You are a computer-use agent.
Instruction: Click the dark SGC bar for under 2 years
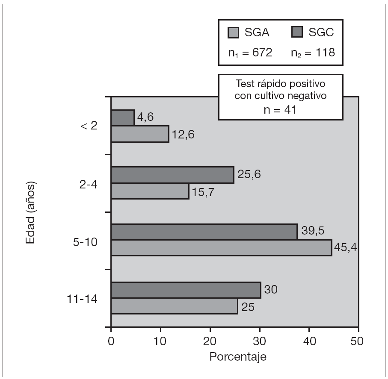[123, 118]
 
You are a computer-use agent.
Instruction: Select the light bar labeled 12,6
[140, 134]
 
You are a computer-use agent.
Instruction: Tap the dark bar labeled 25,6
[172, 175]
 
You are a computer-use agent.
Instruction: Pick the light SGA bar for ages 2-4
[150, 191]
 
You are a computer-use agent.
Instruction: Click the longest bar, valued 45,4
[221, 248]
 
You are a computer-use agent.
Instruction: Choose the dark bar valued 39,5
[204, 232]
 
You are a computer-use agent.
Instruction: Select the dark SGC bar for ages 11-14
[186, 290]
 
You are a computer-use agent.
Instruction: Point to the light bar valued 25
[174, 306]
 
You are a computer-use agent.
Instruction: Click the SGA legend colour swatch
[234, 32]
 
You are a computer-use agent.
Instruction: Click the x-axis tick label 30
[259, 341]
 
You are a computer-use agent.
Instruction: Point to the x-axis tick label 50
[358, 341]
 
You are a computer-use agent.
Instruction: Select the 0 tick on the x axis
[111, 341]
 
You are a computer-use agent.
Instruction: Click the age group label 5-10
[86, 241]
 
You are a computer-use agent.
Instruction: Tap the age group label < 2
[89, 127]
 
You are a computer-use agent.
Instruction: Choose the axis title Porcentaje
[238, 357]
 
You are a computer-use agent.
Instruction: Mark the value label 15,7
[203, 192]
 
